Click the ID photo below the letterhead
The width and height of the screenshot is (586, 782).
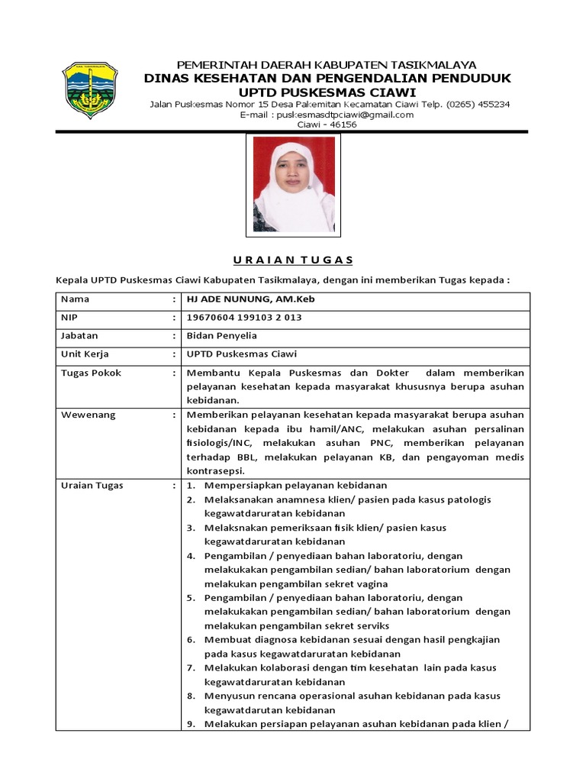pos(294,185)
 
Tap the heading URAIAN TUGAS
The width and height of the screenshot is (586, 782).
pos(292,260)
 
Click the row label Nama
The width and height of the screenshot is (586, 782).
pos(75,299)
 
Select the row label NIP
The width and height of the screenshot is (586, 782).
pos(69,317)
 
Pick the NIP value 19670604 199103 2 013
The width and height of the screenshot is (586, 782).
pos(244,317)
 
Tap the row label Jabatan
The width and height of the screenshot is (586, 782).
pos(79,335)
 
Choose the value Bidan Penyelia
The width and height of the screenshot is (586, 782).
pos(222,335)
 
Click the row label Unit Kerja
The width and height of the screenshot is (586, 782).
pos(85,354)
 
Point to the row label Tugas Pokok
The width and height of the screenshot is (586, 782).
pos(91,373)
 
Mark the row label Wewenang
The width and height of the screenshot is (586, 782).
pos(88,415)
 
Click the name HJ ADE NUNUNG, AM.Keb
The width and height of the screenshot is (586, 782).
pos(250,299)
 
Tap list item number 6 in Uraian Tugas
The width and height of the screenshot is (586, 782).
pos(191,639)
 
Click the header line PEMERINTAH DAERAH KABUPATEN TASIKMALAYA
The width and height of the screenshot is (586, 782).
pos(327,65)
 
